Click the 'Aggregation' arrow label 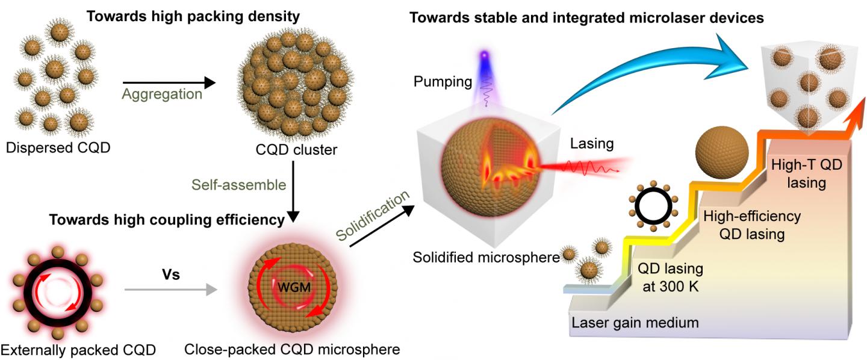coord(161,95)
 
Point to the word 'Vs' coord(172,275)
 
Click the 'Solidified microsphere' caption coord(486,258)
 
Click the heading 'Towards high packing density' coord(193,16)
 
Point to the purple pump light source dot coord(483,56)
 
